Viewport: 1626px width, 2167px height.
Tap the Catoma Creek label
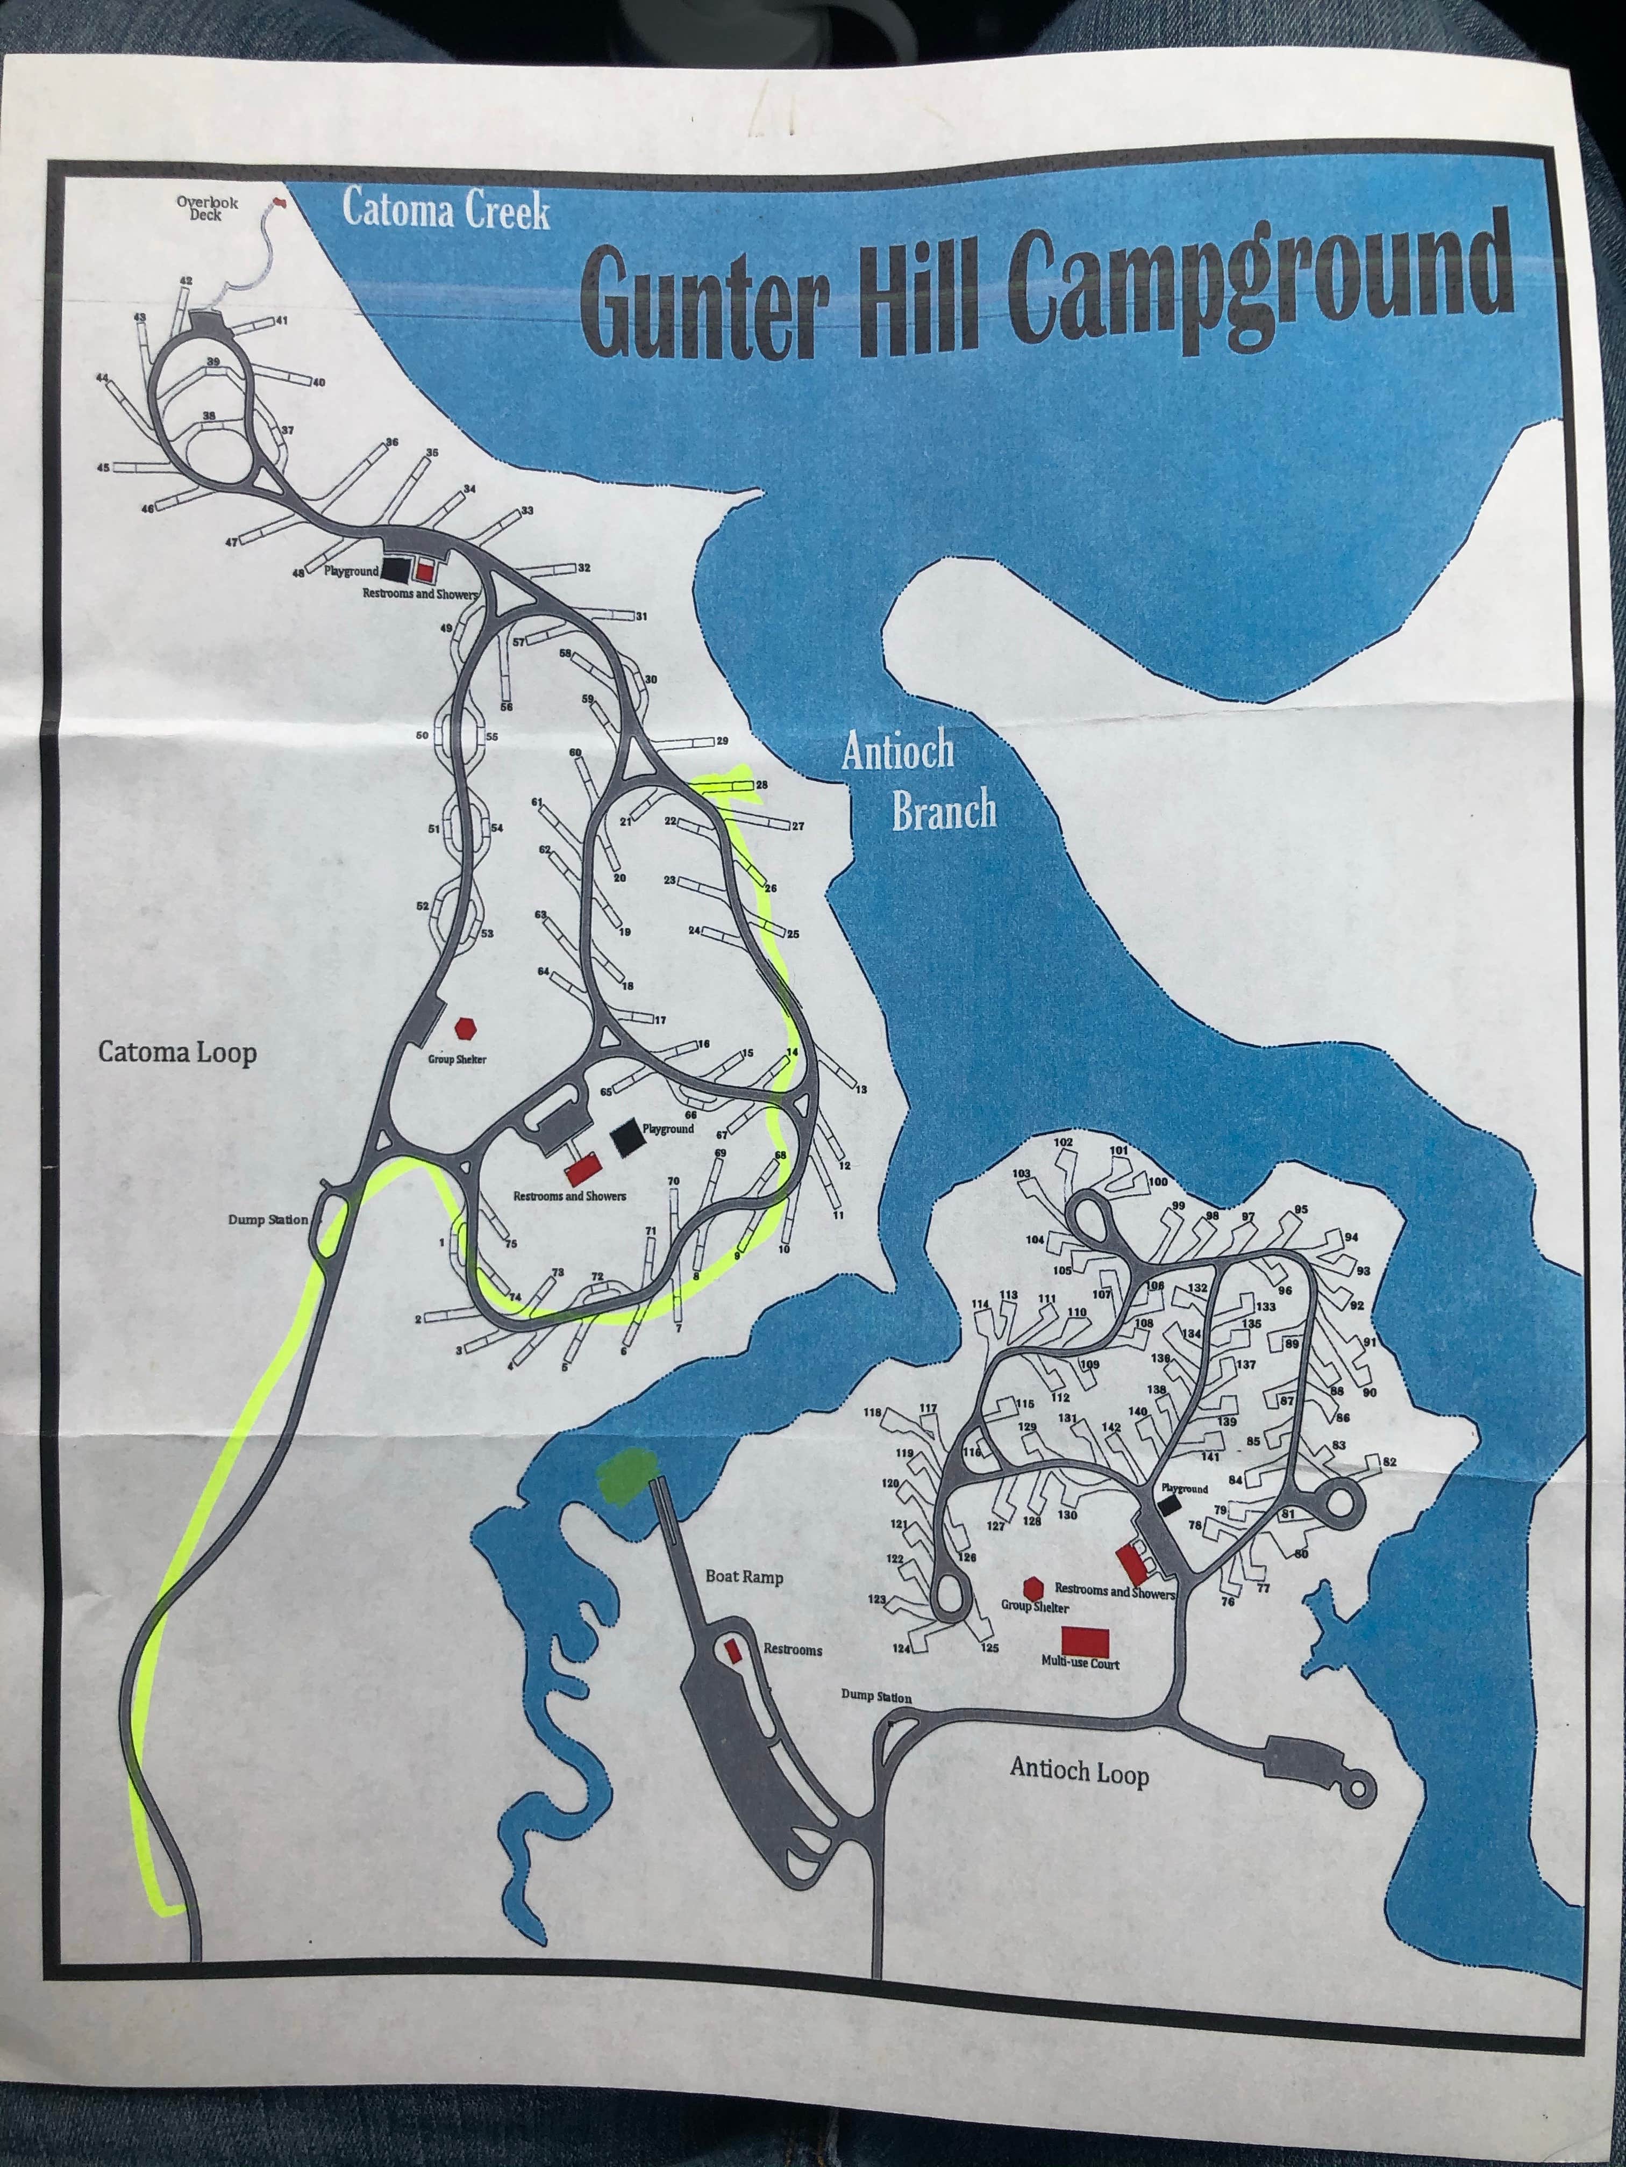446,211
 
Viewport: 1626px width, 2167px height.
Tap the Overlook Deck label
207,209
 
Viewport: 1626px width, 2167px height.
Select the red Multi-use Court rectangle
1084,1639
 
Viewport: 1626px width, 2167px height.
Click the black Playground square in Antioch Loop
1166,1506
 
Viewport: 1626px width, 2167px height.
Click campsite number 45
103,467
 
